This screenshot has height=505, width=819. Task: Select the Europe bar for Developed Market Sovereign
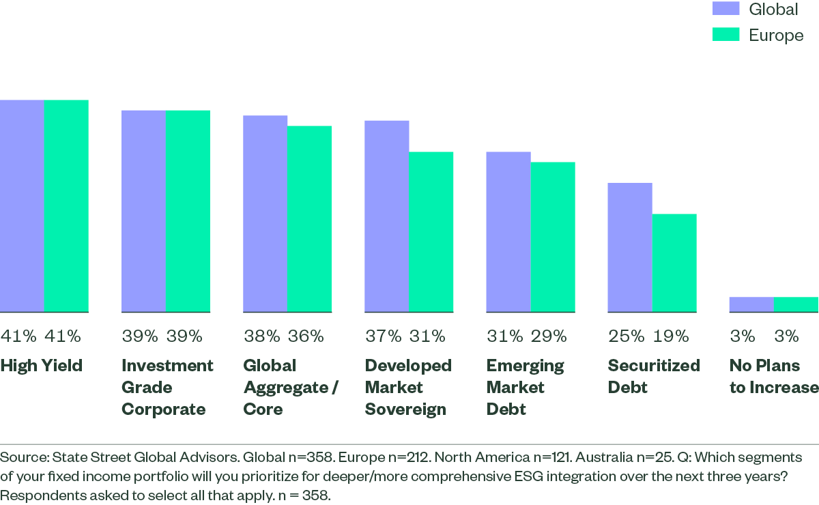431,232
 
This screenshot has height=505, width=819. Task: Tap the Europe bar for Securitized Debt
674,263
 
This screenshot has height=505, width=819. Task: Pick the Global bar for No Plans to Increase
751,304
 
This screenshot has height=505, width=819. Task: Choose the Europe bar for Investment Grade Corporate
188,212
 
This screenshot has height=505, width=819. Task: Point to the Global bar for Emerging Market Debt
508,232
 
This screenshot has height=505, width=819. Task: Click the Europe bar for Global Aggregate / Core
309,219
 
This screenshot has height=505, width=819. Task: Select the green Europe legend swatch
726,34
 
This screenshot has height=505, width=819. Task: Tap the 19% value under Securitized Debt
671,336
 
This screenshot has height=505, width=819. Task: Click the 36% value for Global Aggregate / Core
306,336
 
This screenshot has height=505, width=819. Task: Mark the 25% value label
627,336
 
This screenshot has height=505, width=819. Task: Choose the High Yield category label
42,366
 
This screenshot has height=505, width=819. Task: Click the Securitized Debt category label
654,377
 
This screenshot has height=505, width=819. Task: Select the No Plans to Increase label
774,377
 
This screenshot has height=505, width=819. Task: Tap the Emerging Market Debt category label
525,387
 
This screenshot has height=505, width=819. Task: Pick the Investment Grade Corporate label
167,387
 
